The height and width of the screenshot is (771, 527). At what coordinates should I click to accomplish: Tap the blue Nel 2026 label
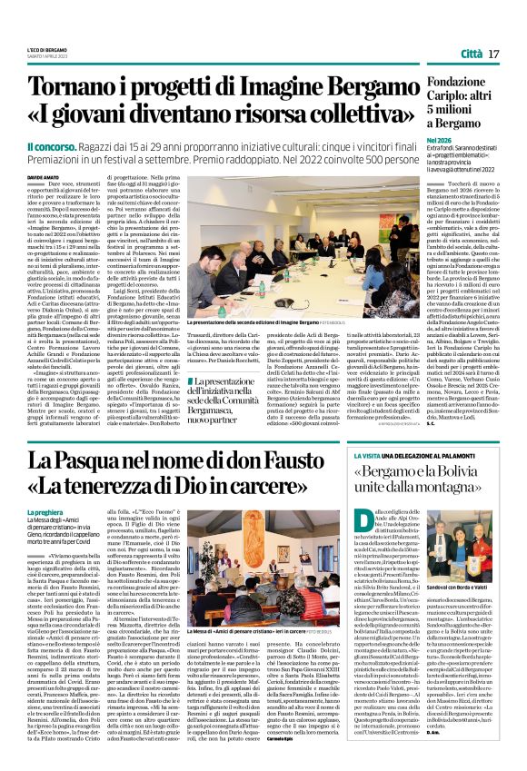click(440, 142)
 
